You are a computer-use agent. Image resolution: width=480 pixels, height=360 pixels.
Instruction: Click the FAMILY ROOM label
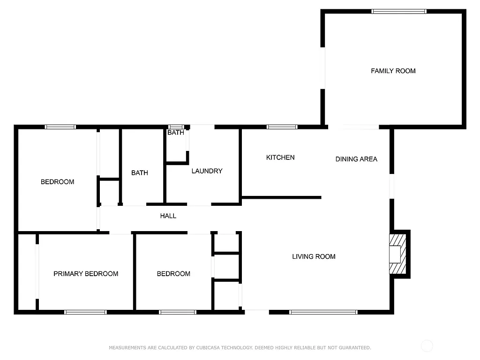point(393,71)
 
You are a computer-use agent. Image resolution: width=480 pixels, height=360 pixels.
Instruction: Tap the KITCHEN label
point(280,157)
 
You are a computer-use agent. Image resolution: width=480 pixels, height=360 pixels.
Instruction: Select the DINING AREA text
point(356,159)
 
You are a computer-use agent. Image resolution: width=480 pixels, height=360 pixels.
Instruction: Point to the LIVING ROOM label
point(314,256)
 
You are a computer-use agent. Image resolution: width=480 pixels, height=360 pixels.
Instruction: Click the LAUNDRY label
point(207,171)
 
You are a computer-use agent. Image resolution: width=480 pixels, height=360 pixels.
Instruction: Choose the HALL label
point(168,216)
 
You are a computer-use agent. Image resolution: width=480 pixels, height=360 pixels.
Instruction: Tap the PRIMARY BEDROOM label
point(86,274)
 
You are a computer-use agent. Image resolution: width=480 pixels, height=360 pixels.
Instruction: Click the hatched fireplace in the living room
point(397,254)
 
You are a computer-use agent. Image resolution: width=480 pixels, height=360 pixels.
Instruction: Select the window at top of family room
point(399,11)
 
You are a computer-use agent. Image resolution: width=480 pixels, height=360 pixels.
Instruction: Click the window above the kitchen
point(282,127)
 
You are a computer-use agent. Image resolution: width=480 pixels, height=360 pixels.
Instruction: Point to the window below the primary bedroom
point(85,312)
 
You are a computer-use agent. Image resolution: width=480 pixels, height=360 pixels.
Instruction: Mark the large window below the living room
point(323,312)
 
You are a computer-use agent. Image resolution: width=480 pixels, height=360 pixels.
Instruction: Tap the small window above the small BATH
point(176,127)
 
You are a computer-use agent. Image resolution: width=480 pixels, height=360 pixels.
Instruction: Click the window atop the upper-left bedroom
point(60,127)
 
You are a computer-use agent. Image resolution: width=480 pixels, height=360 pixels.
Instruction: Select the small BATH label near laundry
point(176,133)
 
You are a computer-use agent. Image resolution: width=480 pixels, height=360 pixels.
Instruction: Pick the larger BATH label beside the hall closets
point(140,173)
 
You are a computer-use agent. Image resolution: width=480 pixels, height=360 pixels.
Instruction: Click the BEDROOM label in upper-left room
point(57,182)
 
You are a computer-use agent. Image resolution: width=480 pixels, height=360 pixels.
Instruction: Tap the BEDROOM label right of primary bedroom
point(173,274)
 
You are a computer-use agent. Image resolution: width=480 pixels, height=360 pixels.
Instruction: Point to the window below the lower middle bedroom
point(177,312)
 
